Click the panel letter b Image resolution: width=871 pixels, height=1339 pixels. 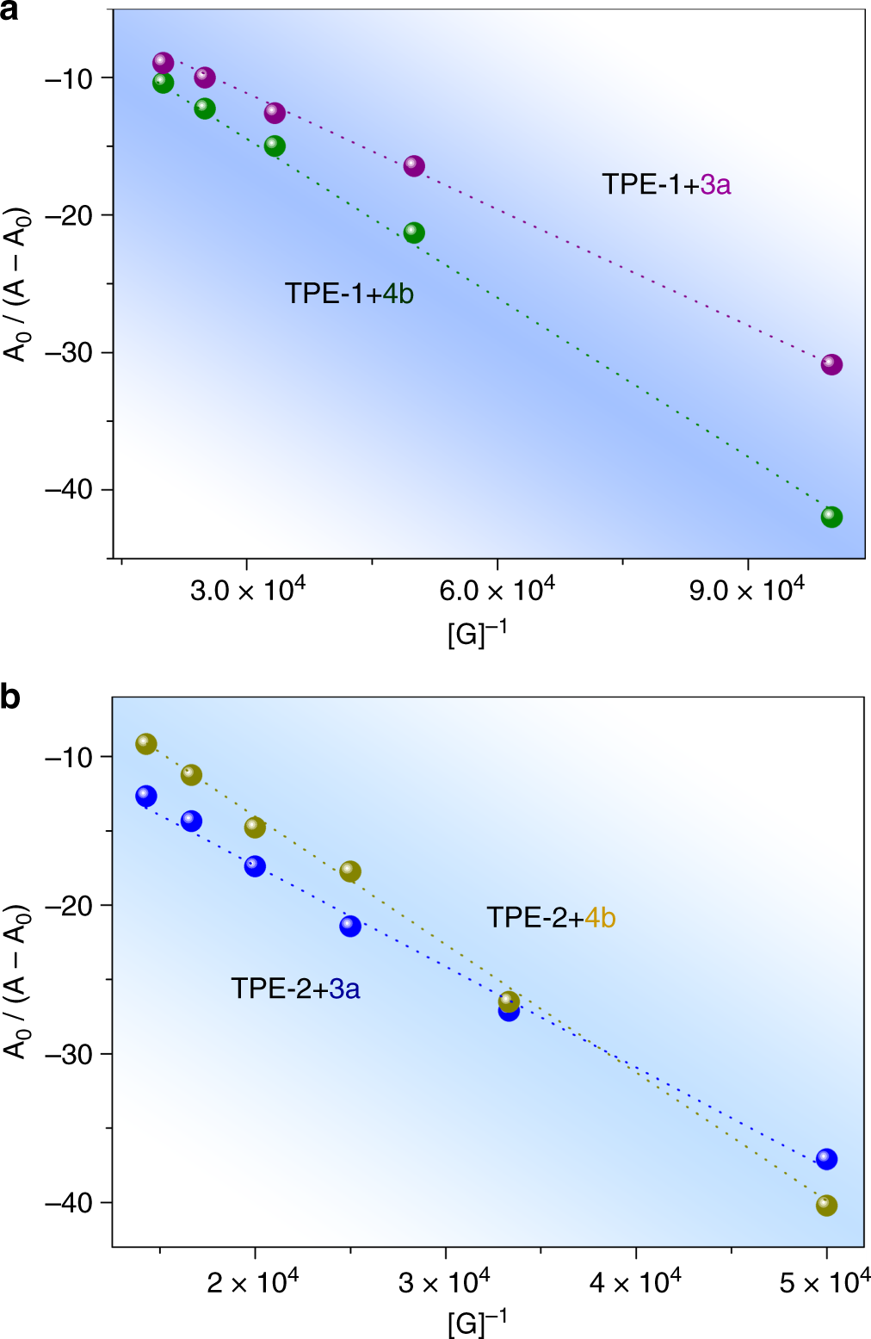pyautogui.click(x=10, y=696)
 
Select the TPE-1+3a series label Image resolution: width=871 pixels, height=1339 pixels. pyautogui.click(x=665, y=184)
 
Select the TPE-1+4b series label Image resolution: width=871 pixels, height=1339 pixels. pyautogui.click(x=349, y=294)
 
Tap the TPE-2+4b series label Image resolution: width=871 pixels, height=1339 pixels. pyautogui.click(x=551, y=918)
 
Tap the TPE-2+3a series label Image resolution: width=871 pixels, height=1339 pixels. pyautogui.click(x=294, y=989)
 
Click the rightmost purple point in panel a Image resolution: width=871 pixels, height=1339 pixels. pyautogui.click(x=831, y=364)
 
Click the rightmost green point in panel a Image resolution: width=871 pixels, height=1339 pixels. pyautogui.click(x=831, y=517)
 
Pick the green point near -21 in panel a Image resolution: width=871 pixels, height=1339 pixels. pyautogui.click(x=414, y=232)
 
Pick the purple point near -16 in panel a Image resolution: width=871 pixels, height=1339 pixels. pyautogui.click(x=414, y=166)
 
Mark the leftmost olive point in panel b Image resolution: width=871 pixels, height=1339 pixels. pyautogui.click(x=146, y=744)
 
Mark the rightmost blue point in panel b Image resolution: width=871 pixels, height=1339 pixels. pyautogui.click(x=826, y=1159)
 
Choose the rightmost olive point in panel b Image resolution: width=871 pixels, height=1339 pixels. pyautogui.click(x=826, y=1206)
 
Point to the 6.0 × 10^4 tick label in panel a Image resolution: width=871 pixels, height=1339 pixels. pyautogui.click(x=497, y=591)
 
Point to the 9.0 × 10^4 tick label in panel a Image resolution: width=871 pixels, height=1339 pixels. pyautogui.click(x=746, y=591)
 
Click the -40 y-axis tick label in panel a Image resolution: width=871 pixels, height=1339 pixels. pyautogui.click(x=68, y=489)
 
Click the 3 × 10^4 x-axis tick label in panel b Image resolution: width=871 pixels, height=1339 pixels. pyautogui.click(x=444, y=1283)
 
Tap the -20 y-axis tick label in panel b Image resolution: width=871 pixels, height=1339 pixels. pyautogui.click(x=68, y=905)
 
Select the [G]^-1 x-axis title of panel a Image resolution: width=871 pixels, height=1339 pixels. pyautogui.click(x=477, y=634)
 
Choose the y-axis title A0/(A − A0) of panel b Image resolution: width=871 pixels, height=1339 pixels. pyautogui.click(x=16, y=982)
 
